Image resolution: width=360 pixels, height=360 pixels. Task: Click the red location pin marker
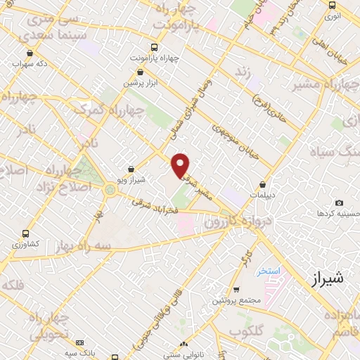[181, 165]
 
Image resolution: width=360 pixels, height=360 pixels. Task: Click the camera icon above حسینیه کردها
[340, 202]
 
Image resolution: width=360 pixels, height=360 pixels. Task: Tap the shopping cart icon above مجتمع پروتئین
[236, 289]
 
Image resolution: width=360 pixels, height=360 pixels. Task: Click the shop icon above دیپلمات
[263, 184]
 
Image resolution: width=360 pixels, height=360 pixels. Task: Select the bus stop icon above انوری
[333, 4]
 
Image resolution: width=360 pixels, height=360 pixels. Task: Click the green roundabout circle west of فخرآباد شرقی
[110, 189]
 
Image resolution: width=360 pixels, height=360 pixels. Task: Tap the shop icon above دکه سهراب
[30, 53]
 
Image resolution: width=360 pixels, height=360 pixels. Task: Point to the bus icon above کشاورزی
[26, 233]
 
